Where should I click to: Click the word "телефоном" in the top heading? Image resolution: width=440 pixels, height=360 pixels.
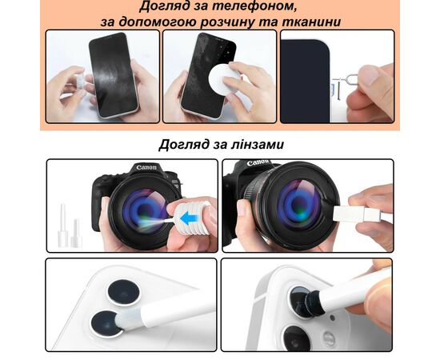254,6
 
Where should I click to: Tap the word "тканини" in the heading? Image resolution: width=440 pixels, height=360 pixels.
311,22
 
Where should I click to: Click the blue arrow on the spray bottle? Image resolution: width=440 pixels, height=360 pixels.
189,218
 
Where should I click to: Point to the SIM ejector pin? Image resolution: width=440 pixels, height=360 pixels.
346,84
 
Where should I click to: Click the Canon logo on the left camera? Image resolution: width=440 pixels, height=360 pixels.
146,168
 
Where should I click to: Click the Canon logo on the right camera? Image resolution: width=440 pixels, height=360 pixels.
258,162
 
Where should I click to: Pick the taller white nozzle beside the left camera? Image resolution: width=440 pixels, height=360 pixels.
63,226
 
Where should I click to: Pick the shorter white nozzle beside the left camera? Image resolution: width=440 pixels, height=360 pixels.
76,234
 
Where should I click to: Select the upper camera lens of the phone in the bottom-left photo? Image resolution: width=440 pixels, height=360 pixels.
124,292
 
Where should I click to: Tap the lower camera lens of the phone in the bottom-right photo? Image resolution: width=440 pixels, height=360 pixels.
297,338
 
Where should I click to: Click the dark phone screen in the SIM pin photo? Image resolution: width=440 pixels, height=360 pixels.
305,82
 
